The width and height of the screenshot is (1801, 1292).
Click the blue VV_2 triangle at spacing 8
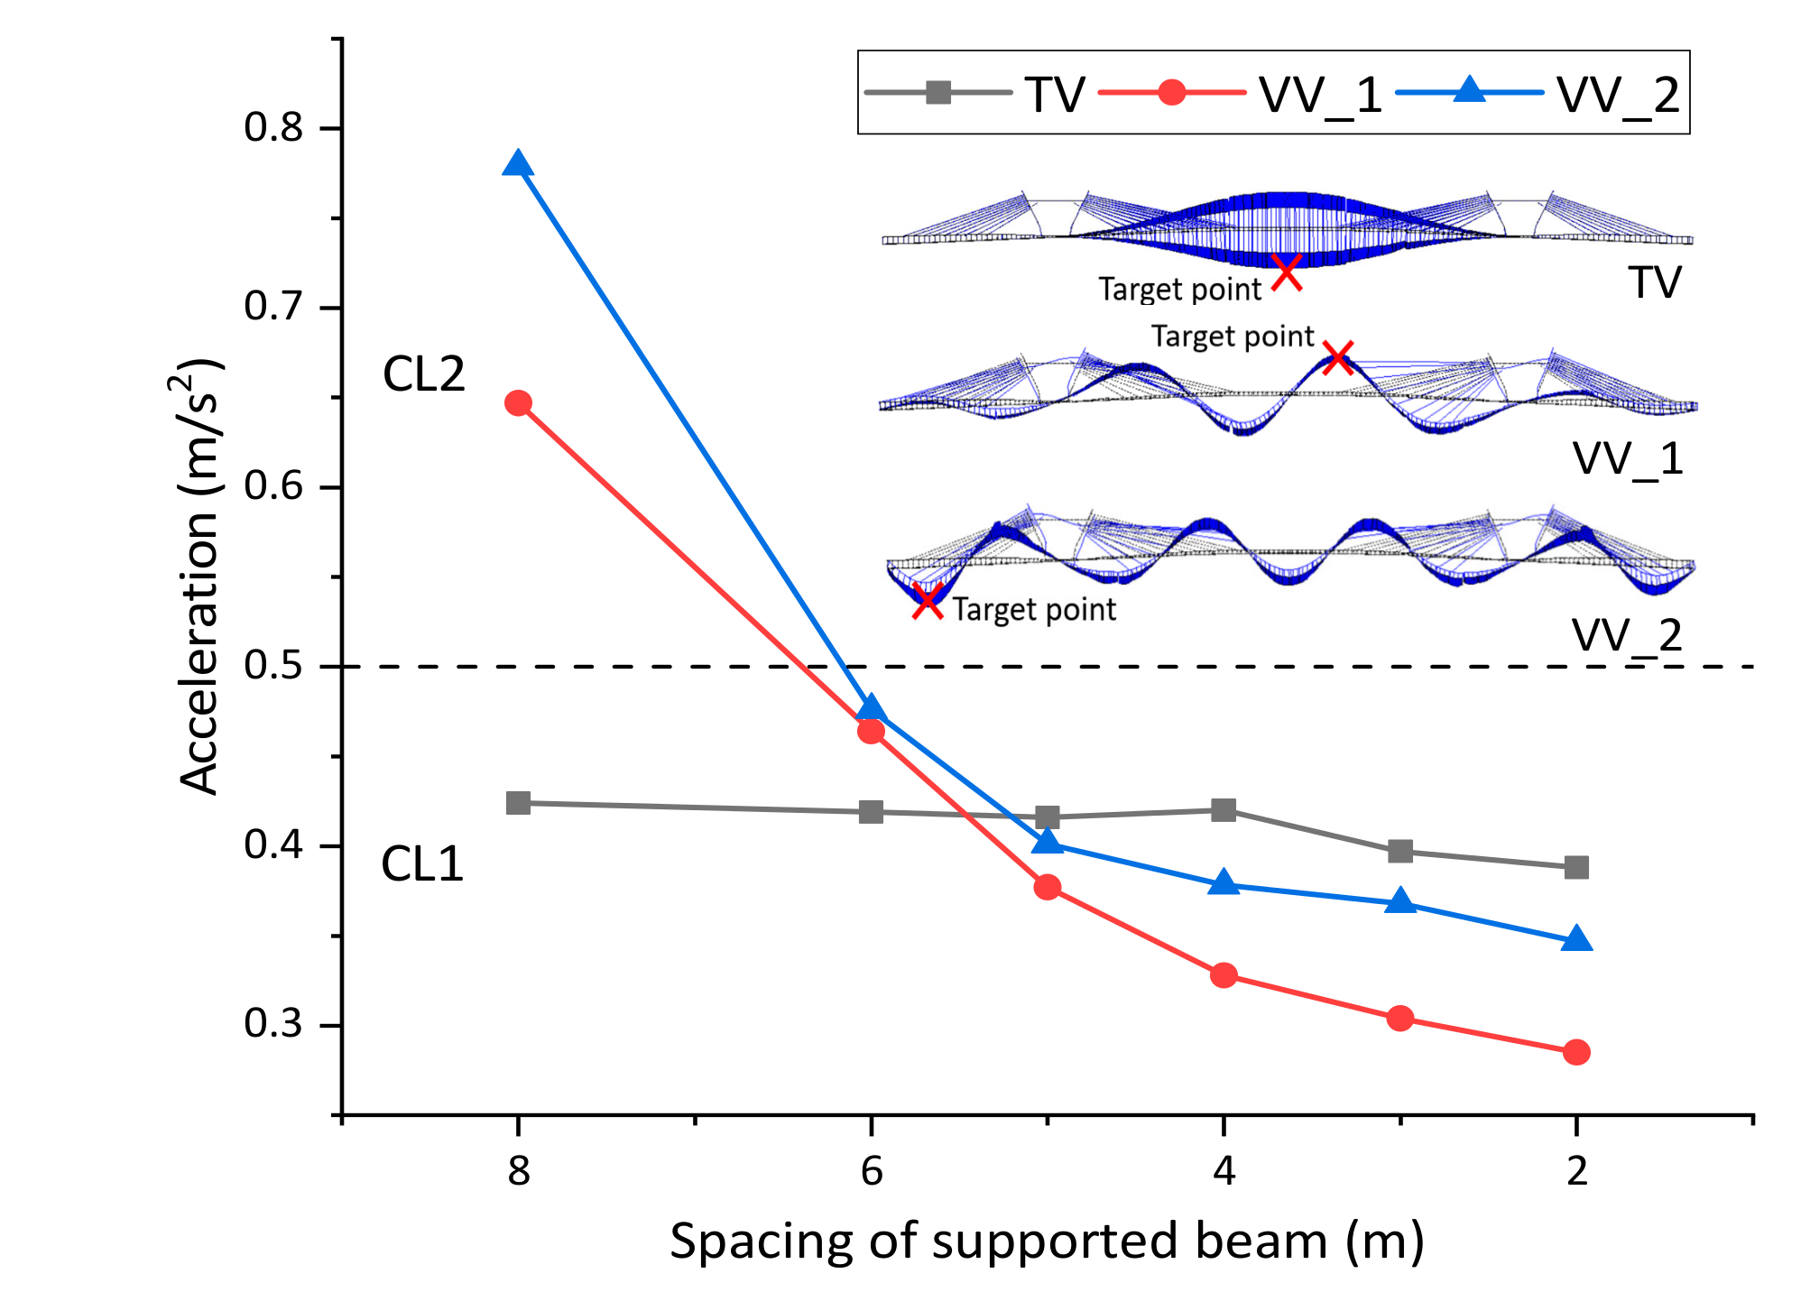coord(518,165)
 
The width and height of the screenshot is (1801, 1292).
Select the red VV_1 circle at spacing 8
coord(518,403)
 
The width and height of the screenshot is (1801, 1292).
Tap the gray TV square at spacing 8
coord(518,803)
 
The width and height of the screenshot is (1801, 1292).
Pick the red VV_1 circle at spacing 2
coord(1576,1052)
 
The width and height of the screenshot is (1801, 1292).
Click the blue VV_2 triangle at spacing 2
coord(1576,940)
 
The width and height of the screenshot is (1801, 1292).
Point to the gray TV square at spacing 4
coord(1224,809)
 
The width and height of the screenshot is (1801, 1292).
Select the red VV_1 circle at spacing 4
coord(1224,975)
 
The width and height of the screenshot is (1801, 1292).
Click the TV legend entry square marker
coord(938,92)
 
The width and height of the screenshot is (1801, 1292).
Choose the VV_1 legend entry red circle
coord(1171,92)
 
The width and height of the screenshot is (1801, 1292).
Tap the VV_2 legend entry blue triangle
coord(1470,90)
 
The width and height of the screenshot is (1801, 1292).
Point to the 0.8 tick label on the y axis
coord(274,127)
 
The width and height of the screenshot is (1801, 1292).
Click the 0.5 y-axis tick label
coord(274,666)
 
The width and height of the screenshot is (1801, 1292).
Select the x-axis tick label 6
coord(871,1171)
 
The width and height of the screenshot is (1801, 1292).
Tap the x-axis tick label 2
coord(1576,1171)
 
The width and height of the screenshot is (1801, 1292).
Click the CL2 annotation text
coord(423,374)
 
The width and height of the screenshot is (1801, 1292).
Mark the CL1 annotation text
coord(422,864)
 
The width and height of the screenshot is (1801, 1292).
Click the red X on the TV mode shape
coord(1287,272)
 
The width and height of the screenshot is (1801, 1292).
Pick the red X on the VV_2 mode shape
coord(928,601)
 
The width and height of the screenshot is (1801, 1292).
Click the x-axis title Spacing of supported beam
coord(1047,1241)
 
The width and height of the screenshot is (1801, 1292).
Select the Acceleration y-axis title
coord(200,577)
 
